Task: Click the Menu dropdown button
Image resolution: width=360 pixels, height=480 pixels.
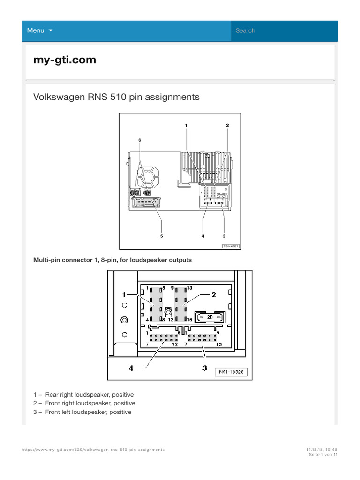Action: [40, 30]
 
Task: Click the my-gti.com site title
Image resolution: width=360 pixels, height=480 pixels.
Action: [65, 60]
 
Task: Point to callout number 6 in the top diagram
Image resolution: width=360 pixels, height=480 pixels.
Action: [140, 140]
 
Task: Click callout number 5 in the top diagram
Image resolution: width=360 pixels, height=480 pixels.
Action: [161, 236]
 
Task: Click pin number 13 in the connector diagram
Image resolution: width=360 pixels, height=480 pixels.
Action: [190, 287]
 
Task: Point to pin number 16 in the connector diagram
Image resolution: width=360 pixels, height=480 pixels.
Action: [189, 320]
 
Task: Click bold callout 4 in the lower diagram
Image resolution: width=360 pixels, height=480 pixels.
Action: [132, 368]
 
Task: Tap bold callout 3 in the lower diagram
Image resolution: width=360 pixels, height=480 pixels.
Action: [204, 368]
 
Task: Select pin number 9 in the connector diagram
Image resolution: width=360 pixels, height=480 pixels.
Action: [172, 287]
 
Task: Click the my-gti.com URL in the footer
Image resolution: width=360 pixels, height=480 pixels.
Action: [93, 450]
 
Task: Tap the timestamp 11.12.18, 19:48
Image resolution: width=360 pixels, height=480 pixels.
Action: [322, 450]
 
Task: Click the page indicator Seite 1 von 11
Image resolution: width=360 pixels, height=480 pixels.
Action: [323, 455]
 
